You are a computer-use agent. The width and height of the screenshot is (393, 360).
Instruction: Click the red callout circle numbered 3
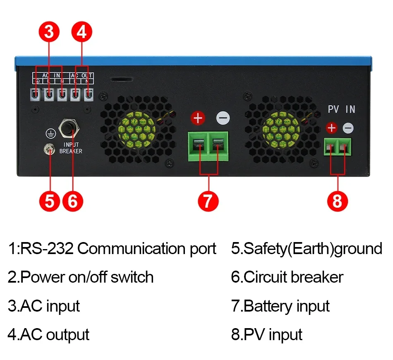(49, 32)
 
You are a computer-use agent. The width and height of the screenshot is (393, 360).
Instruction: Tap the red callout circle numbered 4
(81, 32)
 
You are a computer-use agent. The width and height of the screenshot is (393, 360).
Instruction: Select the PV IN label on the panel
(341, 109)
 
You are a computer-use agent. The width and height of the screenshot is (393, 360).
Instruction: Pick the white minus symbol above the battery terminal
(223, 118)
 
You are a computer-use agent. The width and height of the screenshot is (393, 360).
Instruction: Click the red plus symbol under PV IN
(332, 128)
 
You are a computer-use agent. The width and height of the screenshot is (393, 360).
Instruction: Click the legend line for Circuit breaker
(287, 277)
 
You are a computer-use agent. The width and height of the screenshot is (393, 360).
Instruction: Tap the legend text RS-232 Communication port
(112, 249)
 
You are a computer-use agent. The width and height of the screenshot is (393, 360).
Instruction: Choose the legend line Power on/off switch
(81, 277)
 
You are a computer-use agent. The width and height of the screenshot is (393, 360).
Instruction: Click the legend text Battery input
(280, 306)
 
